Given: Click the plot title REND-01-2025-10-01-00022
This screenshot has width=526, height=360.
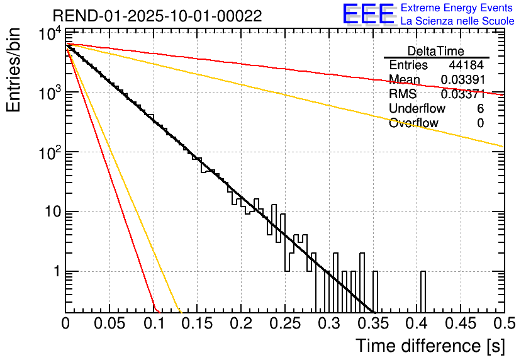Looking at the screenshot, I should [x=157, y=16].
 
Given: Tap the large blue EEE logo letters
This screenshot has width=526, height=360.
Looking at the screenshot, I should [x=367, y=15].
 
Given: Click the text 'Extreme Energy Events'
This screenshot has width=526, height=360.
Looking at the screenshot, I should [x=457, y=8].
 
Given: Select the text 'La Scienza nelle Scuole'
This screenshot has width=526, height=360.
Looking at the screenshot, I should [x=457, y=21].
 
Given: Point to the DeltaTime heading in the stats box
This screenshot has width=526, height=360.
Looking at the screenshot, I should [x=436, y=50].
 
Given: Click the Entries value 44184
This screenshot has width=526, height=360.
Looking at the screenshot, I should [x=466, y=65].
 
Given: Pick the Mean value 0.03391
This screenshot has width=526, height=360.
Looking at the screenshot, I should [x=462, y=80].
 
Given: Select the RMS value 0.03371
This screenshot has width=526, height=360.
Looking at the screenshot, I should [x=462, y=94].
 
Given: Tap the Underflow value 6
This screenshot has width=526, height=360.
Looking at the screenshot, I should [x=480, y=109].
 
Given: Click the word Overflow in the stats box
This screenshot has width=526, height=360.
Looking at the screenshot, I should [x=413, y=123].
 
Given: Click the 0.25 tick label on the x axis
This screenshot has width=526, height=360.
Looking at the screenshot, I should [x=285, y=324].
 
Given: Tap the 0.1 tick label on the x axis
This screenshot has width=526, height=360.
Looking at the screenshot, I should [x=154, y=324].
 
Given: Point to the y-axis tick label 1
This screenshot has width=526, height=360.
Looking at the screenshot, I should [x=55, y=272].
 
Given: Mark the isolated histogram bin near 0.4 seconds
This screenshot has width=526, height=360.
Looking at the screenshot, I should [x=423, y=291].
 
